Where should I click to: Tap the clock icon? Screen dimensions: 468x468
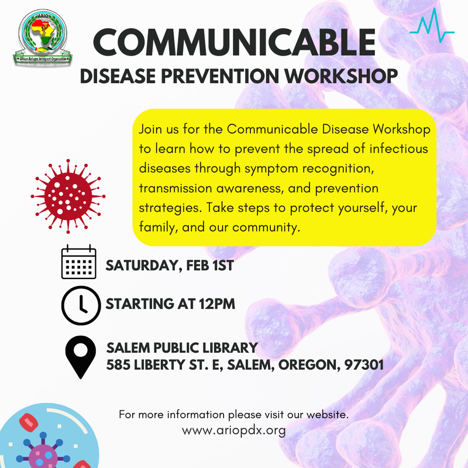(79, 305)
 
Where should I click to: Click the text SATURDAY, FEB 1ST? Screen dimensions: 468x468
(170, 266)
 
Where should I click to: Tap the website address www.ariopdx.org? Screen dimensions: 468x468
(234, 431)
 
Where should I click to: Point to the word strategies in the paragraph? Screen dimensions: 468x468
(167, 207)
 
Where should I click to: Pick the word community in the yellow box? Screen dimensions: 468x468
(266, 226)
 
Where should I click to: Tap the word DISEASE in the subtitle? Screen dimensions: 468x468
(119, 75)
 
